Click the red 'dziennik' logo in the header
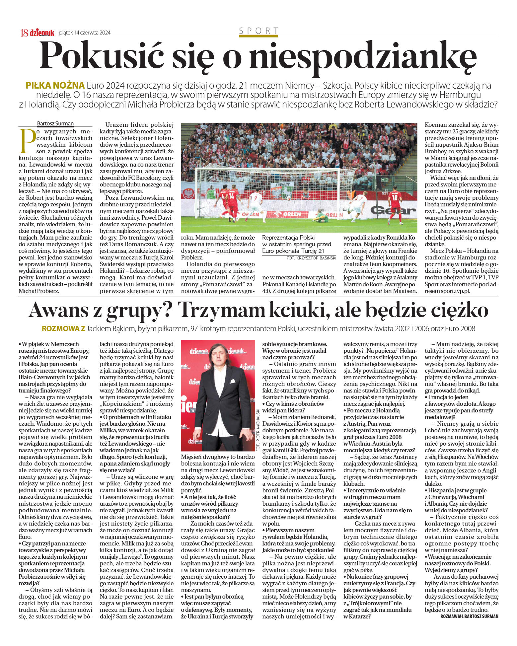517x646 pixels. tap(42, 33)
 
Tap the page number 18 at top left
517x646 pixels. tap(24, 33)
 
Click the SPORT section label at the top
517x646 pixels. tap(258, 31)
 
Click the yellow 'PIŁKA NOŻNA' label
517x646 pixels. tap(55, 85)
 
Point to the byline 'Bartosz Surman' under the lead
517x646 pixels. tap(55, 123)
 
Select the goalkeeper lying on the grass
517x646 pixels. tap(320, 216)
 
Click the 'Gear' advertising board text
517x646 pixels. tap(393, 210)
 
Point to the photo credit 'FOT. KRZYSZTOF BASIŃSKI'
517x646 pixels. tap(311, 257)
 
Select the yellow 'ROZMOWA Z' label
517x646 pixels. tap(63, 328)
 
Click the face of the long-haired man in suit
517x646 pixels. tap(217, 357)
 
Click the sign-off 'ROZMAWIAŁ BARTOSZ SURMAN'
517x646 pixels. tap(469, 616)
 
